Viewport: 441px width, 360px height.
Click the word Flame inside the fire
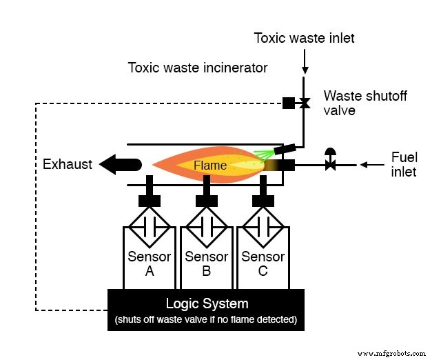tap(209, 165)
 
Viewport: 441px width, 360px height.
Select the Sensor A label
tap(150, 263)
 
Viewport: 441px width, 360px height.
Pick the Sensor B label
tap(206, 263)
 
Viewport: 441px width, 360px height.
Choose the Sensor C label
tap(263, 263)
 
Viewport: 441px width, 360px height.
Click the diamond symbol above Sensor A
tap(150, 227)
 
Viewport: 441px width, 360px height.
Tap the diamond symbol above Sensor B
tap(206, 227)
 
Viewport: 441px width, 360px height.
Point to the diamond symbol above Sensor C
tap(263, 227)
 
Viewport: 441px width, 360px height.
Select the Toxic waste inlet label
tap(304, 38)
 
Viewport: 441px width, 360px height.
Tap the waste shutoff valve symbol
tap(304, 103)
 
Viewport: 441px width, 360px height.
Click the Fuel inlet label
tap(403, 164)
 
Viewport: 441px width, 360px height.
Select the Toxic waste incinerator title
tap(197, 68)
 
